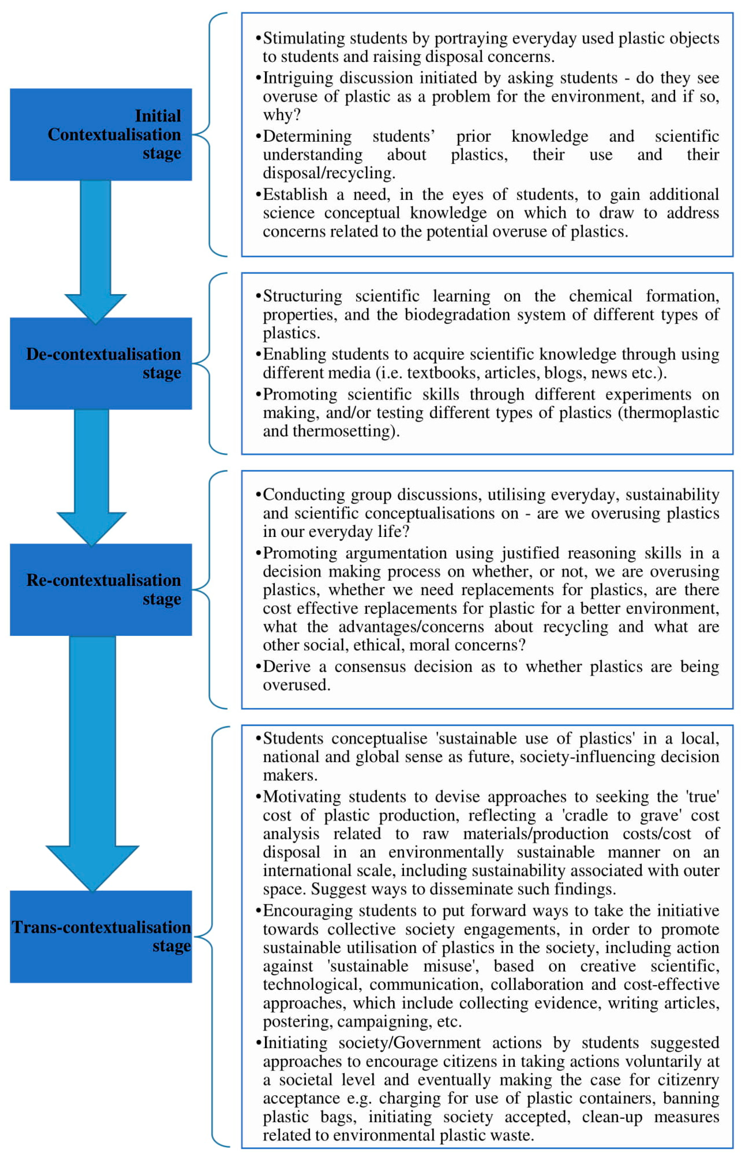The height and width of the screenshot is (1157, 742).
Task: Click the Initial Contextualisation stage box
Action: coord(101,134)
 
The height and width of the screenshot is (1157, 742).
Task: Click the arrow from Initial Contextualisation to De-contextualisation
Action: coord(95,251)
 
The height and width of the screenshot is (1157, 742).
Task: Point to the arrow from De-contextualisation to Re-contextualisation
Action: coord(91,477)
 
